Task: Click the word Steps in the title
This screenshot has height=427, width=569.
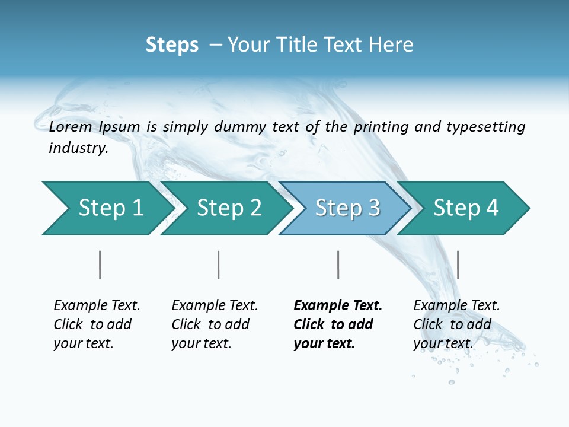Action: tap(172, 45)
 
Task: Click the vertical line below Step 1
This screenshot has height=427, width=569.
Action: tap(100, 265)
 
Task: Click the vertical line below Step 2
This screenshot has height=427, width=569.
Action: tap(219, 265)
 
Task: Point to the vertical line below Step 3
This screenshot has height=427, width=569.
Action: tap(338, 265)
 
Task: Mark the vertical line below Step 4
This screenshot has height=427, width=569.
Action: tap(458, 265)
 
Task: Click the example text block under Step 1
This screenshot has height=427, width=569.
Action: tap(96, 324)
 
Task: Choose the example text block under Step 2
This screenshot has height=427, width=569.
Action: tap(214, 324)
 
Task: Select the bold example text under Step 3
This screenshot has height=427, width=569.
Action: tap(337, 324)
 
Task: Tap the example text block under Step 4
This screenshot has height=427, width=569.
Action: tap(456, 324)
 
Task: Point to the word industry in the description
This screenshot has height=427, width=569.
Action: tap(78, 148)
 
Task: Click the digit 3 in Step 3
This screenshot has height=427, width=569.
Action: tap(373, 208)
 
